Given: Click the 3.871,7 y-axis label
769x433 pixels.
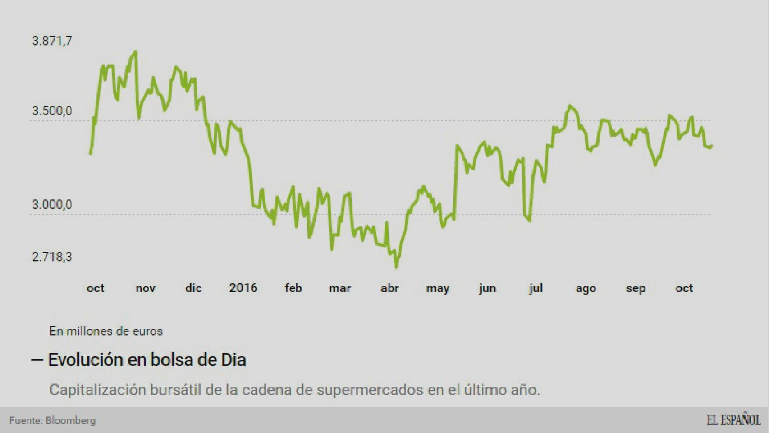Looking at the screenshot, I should pyautogui.click(x=52, y=41).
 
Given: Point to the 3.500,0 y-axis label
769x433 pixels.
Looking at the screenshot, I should pyautogui.click(x=52, y=111).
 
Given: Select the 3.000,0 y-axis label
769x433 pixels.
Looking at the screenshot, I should pyautogui.click(x=52, y=205).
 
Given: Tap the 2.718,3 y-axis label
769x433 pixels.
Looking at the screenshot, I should pyautogui.click(x=52, y=257).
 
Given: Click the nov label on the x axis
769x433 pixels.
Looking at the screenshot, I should pyautogui.click(x=145, y=288).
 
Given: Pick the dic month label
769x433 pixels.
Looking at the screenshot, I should pyautogui.click(x=193, y=288).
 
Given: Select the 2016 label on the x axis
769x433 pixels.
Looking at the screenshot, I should pyautogui.click(x=243, y=288).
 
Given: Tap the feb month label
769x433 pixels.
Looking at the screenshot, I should pyautogui.click(x=293, y=288).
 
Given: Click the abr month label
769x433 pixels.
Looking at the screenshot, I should pyautogui.click(x=389, y=288).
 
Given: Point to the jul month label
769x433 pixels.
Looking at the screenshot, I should pyautogui.click(x=536, y=288).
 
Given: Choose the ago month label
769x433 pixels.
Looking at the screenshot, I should pyautogui.click(x=586, y=289).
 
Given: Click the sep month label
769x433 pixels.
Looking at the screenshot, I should pyautogui.click(x=636, y=289).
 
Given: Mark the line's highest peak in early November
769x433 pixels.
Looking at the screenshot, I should pyautogui.click(x=136, y=52).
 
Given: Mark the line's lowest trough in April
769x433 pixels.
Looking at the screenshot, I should pyautogui.click(x=396, y=267).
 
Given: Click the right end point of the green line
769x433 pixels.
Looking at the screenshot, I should pyautogui.click(x=711, y=146).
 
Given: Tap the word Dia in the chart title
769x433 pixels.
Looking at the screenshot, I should pyautogui.click(x=233, y=360).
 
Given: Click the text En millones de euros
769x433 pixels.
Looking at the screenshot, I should pyautogui.click(x=106, y=331).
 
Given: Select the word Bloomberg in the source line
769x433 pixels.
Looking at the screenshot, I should pyautogui.click(x=71, y=420).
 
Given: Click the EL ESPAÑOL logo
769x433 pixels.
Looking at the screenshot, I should pyautogui.click(x=733, y=419).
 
